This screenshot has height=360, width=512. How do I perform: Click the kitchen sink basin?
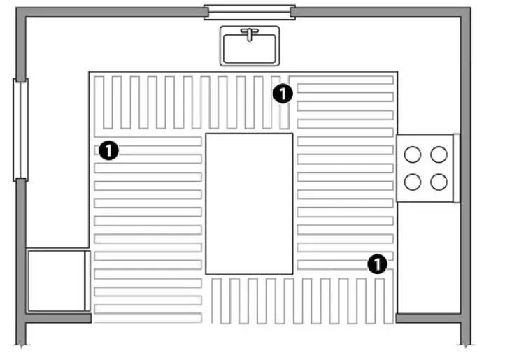[x=250, y=49]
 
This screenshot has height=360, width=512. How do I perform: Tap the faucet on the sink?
[x=250, y=34]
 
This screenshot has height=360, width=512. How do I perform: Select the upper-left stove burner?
[x=413, y=154]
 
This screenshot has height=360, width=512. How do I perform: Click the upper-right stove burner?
[x=439, y=154]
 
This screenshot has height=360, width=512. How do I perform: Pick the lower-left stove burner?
[x=413, y=182]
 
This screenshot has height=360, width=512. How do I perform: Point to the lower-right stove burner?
[x=439, y=182]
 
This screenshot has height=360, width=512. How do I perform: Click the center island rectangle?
[x=249, y=203]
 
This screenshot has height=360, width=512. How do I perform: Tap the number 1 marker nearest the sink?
[x=283, y=94]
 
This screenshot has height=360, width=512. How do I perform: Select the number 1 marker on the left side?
[x=108, y=150]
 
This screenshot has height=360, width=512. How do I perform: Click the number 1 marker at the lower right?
[x=377, y=264]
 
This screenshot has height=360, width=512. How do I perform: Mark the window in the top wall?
[x=250, y=12]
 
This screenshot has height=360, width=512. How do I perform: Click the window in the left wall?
[x=20, y=130]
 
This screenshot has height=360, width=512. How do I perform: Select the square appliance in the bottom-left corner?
[x=59, y=281]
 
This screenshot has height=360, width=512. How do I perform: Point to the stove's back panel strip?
[x=457, y=168]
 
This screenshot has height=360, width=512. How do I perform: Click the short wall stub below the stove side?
[x=428, y=318]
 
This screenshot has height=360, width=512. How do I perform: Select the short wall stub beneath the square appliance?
[x=58, y=318]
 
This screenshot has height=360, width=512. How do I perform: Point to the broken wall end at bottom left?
[x=20, y=343]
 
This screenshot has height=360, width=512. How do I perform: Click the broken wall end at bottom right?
[x=466, y=343]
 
